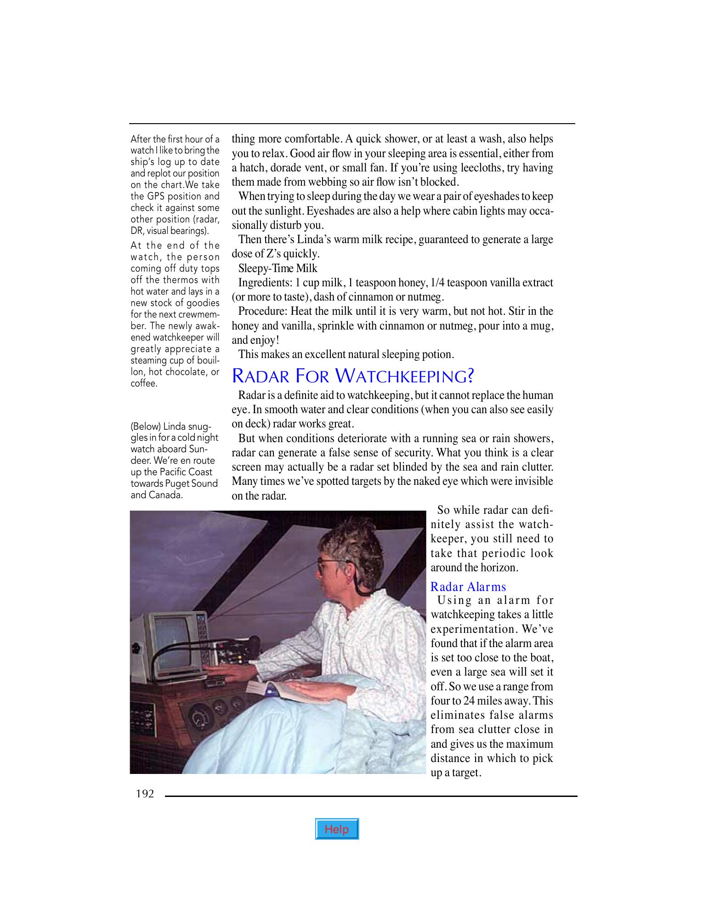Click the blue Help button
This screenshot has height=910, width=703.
(337, 829)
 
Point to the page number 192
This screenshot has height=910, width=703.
(144, 794)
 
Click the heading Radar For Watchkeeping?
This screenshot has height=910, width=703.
(352, 376)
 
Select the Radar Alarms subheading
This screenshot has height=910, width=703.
(468, 587)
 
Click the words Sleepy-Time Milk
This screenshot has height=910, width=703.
(278, 268)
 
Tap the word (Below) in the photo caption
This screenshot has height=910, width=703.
(145, 427)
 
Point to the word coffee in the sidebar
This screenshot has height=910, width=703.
(143, 384)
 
